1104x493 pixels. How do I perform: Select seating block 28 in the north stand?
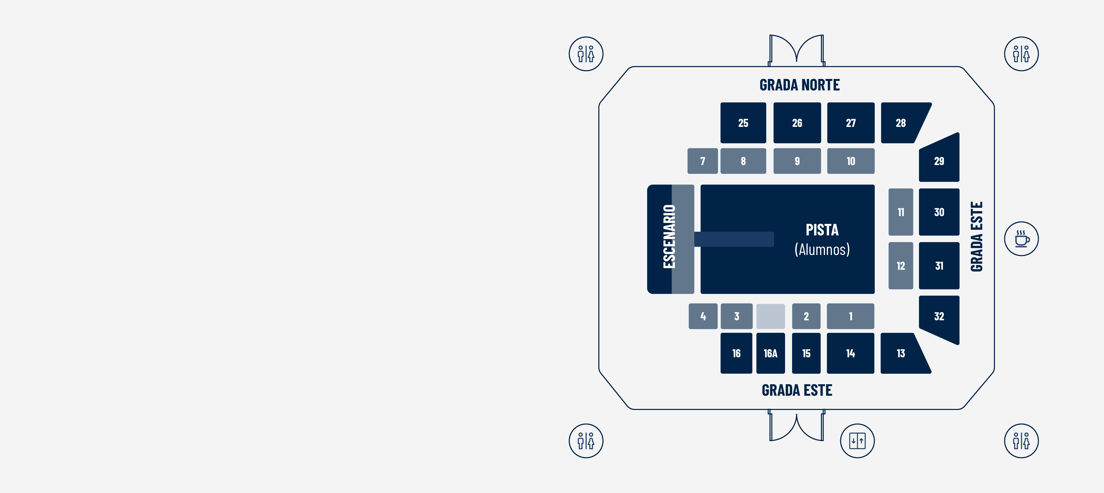click(x=901, y=123)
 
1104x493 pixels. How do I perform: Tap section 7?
click(x=702, y=161)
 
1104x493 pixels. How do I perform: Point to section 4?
click(x=703, y=316)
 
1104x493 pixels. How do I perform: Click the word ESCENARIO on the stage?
click(x=669, y=237)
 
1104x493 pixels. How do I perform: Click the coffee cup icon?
click(x=1021, y=239)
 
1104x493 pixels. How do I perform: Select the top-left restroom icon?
click(x=586, y=54)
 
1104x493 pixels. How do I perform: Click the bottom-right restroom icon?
click(x=1021, y=441)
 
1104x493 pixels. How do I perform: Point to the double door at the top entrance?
click(x=796, y=50)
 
